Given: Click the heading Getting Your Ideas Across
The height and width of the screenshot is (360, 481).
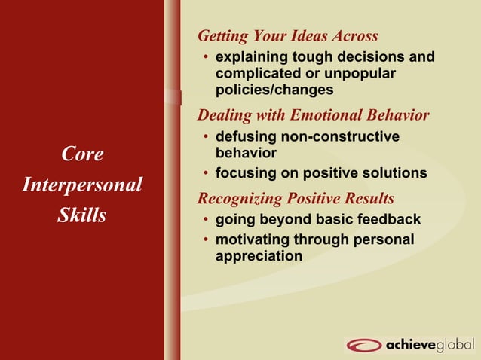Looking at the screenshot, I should click(x=287, y=36).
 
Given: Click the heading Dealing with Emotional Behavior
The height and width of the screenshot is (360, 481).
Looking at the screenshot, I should click(x=313, y=115).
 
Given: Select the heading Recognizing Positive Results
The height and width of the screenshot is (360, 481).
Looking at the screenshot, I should click(x=296, y=199).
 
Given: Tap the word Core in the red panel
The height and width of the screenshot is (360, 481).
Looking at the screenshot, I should click(x=82, y=154).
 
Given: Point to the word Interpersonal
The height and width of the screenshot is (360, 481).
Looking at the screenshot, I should click(x=82, y=185).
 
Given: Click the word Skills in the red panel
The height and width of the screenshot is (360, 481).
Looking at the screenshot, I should click(x=82, y=215).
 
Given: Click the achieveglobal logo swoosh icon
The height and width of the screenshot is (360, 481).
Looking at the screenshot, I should click(x=365, y=345).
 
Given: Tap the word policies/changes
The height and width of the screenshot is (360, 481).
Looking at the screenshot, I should click(x=274, y=90).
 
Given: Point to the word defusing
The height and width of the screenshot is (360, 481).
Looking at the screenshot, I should click(x=245, y=137).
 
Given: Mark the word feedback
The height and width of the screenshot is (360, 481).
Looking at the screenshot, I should click(x=388, y=220).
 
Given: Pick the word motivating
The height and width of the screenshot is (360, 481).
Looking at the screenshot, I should click(x=253, y=239).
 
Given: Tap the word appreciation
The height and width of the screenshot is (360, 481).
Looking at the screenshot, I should click(x=259, y=256).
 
